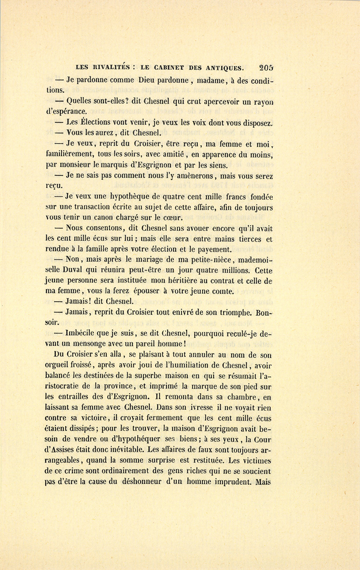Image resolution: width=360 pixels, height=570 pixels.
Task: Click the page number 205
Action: pos(266,68)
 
